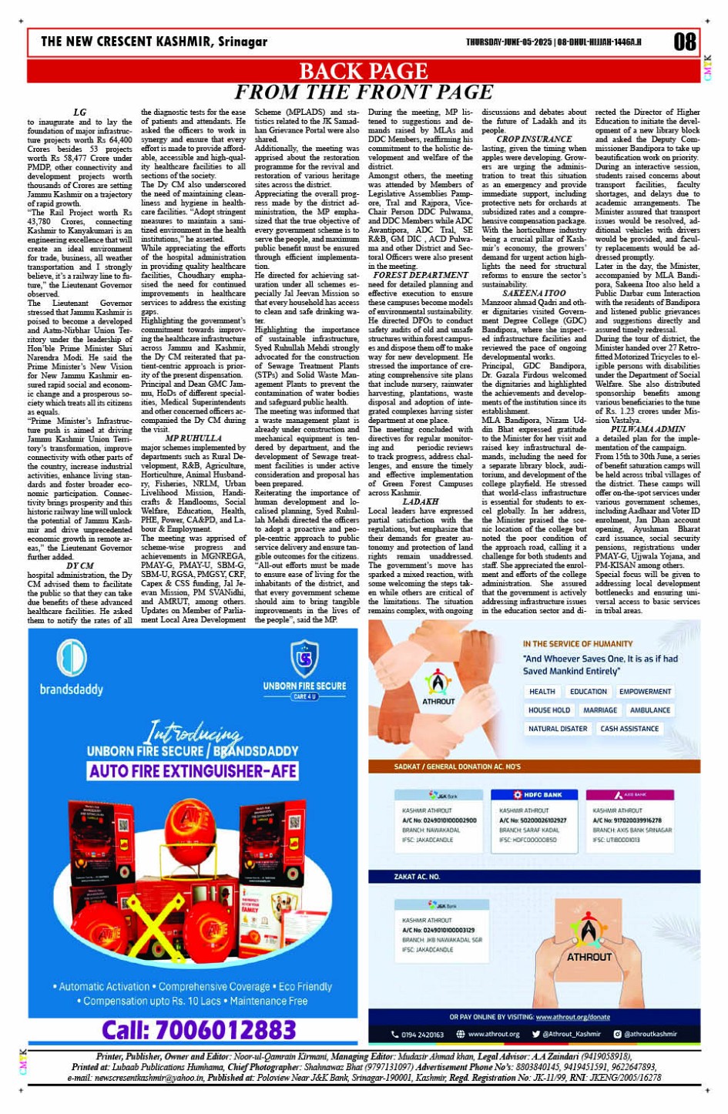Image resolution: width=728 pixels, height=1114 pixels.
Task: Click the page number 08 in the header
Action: pyautogui.click(x=684, y=42)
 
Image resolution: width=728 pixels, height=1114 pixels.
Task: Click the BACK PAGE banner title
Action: pyautogui.click(x=363, y=72)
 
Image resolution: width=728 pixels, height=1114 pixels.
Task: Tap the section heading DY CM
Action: pyautogui.click(x=80, y=565)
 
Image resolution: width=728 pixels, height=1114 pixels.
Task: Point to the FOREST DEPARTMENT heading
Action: pyautogui.click(x=420, y=275)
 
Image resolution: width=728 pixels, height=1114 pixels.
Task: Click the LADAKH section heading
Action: pyautogui.click(x=420, y=502)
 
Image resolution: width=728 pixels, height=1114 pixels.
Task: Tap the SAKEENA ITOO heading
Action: pyautogui.click(x=534, y=294)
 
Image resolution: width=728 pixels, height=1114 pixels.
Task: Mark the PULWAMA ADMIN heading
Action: pyautogui.click(x=648, y=429)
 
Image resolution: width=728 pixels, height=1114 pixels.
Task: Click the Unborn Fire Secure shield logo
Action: pyautogui.click(x=304, y=659)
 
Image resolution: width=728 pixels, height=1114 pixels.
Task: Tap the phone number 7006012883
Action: pyautogui.click(x=199, y=1030)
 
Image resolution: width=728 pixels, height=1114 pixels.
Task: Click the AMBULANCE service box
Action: pyautogui.click(x=649, y=710)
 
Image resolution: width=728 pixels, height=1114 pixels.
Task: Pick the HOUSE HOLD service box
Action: pyautogui.click(x=549, y=710)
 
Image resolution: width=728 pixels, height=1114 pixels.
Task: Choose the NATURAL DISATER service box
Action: pyautogui.click(x=558, y=729)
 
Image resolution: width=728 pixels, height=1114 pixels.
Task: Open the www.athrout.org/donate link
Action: pyautogui.click(x=572, y=1017)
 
